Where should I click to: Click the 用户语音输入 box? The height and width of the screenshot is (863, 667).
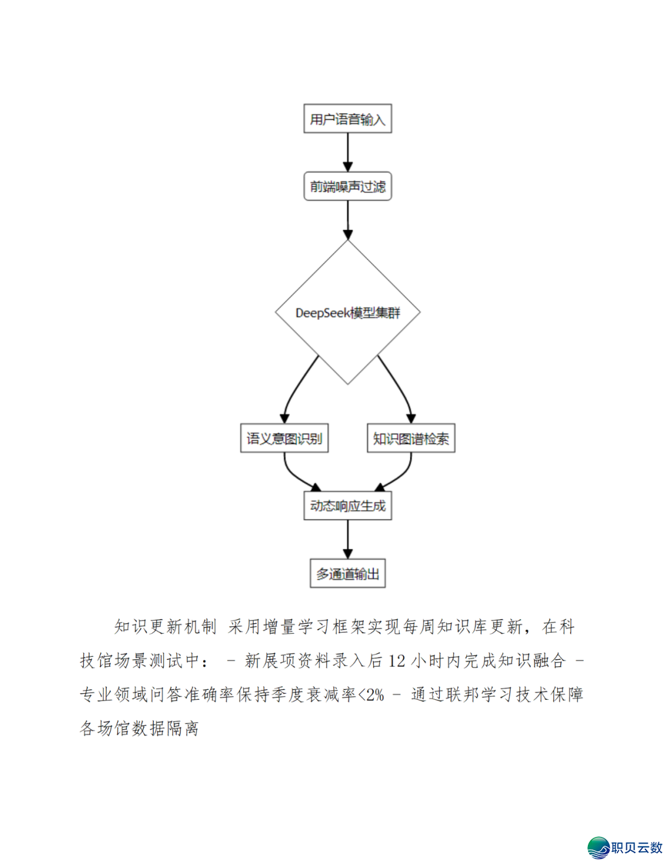point(347,119)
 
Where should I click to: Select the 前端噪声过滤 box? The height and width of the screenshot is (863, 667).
point(347,186)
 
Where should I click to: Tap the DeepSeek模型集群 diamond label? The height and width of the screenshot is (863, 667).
point(347,313)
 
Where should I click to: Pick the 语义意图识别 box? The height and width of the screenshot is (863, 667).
point(284,439)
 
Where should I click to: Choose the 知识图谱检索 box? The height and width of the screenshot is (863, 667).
point(411,439)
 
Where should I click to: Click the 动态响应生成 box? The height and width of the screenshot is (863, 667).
point(347,506)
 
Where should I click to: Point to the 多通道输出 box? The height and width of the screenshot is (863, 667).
point(347,574)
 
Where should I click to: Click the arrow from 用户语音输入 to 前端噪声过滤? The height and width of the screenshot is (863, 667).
point(348,152)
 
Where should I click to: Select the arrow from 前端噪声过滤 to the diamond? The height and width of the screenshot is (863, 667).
point(348,219)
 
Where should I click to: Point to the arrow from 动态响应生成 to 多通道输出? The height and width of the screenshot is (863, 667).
point(348,539)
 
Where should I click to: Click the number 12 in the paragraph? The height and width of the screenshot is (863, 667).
point(396,661)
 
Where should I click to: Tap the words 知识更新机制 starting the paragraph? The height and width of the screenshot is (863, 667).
point(166,627)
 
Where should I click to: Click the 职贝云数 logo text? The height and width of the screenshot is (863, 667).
point(637,848)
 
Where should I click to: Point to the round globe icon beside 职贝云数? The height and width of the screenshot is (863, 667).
point(598,848)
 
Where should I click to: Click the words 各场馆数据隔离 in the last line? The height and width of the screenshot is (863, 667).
point(140,728)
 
